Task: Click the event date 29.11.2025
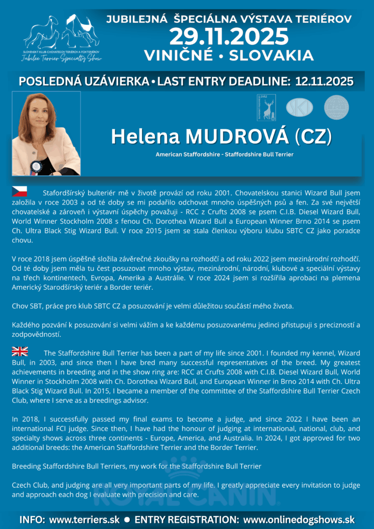pyautogui.click(x=229, y=37)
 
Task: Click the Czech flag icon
pyautogui.click(x=19, y=193)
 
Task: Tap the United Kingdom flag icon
pyautogui.click(x=20, y=352)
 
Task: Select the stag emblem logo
pyautogui.click(x=267, y=107)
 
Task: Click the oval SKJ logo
pyautogui.click(x=300, y=107)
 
